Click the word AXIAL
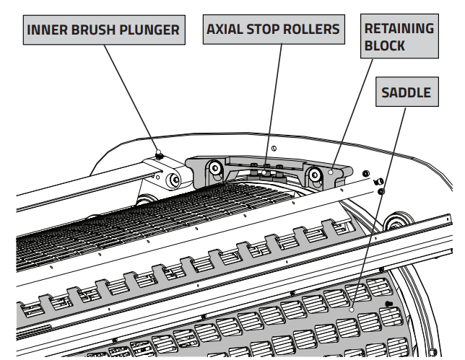(x=226, y=30)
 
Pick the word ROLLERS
(x=313, y=30)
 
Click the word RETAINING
(x=399, y=28)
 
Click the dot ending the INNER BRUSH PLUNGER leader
(x=159, y=152)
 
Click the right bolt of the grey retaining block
(x=316, y=174)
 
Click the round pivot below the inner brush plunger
(x=175, y=180)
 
